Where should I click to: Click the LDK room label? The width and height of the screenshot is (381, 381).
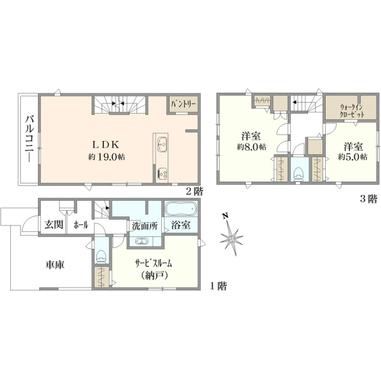click(x=105, y=145)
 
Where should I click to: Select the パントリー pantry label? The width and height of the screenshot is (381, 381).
click(x=184, y=104)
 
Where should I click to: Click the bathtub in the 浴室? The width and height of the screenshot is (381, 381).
click(x=181, y=208)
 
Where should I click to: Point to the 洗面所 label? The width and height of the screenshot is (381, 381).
click(x=145, y=226)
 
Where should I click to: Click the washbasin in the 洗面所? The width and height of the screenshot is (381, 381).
click(x=142, y=241)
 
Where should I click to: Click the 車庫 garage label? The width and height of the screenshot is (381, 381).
click(x=55, y=265)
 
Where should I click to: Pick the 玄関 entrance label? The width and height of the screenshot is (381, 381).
click(x=54, y=225)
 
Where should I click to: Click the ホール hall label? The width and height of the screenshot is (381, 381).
click(x=81, y=225)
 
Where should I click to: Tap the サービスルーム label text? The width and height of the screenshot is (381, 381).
click(x=154, y=263)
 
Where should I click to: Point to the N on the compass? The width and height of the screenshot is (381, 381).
click(x=225, y=215)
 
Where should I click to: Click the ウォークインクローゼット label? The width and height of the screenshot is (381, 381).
click(x=352, y=110)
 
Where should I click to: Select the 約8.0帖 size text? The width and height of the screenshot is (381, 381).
click(x=251, y=147)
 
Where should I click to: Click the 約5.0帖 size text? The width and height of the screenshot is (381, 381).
click(x=353, y=157)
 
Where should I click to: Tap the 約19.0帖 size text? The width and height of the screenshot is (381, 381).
click(x=107, y=157)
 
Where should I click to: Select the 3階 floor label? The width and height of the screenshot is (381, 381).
click(x=368, y=199)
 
